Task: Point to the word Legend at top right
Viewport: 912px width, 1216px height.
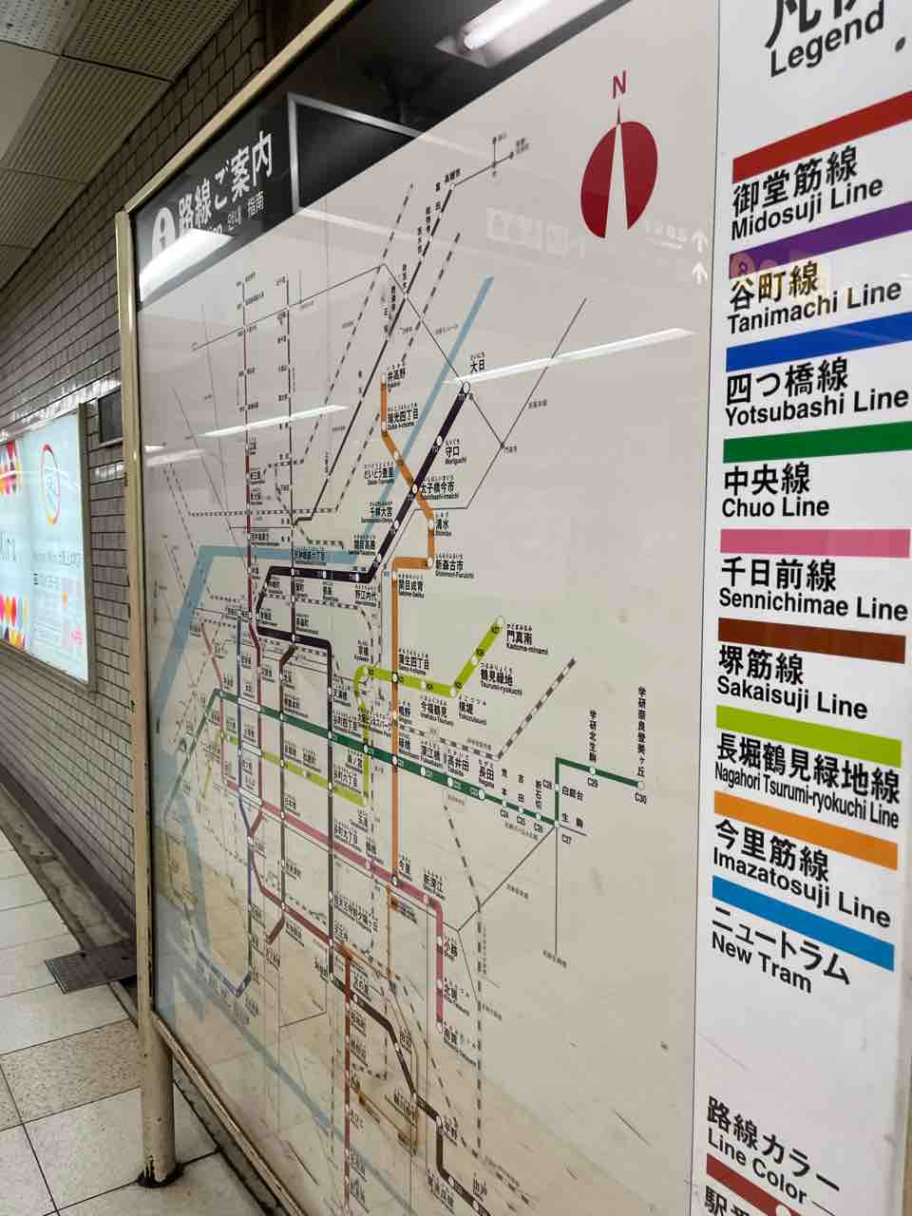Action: coord(826,44)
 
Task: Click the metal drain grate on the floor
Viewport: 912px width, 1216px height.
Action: coord(90,967)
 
